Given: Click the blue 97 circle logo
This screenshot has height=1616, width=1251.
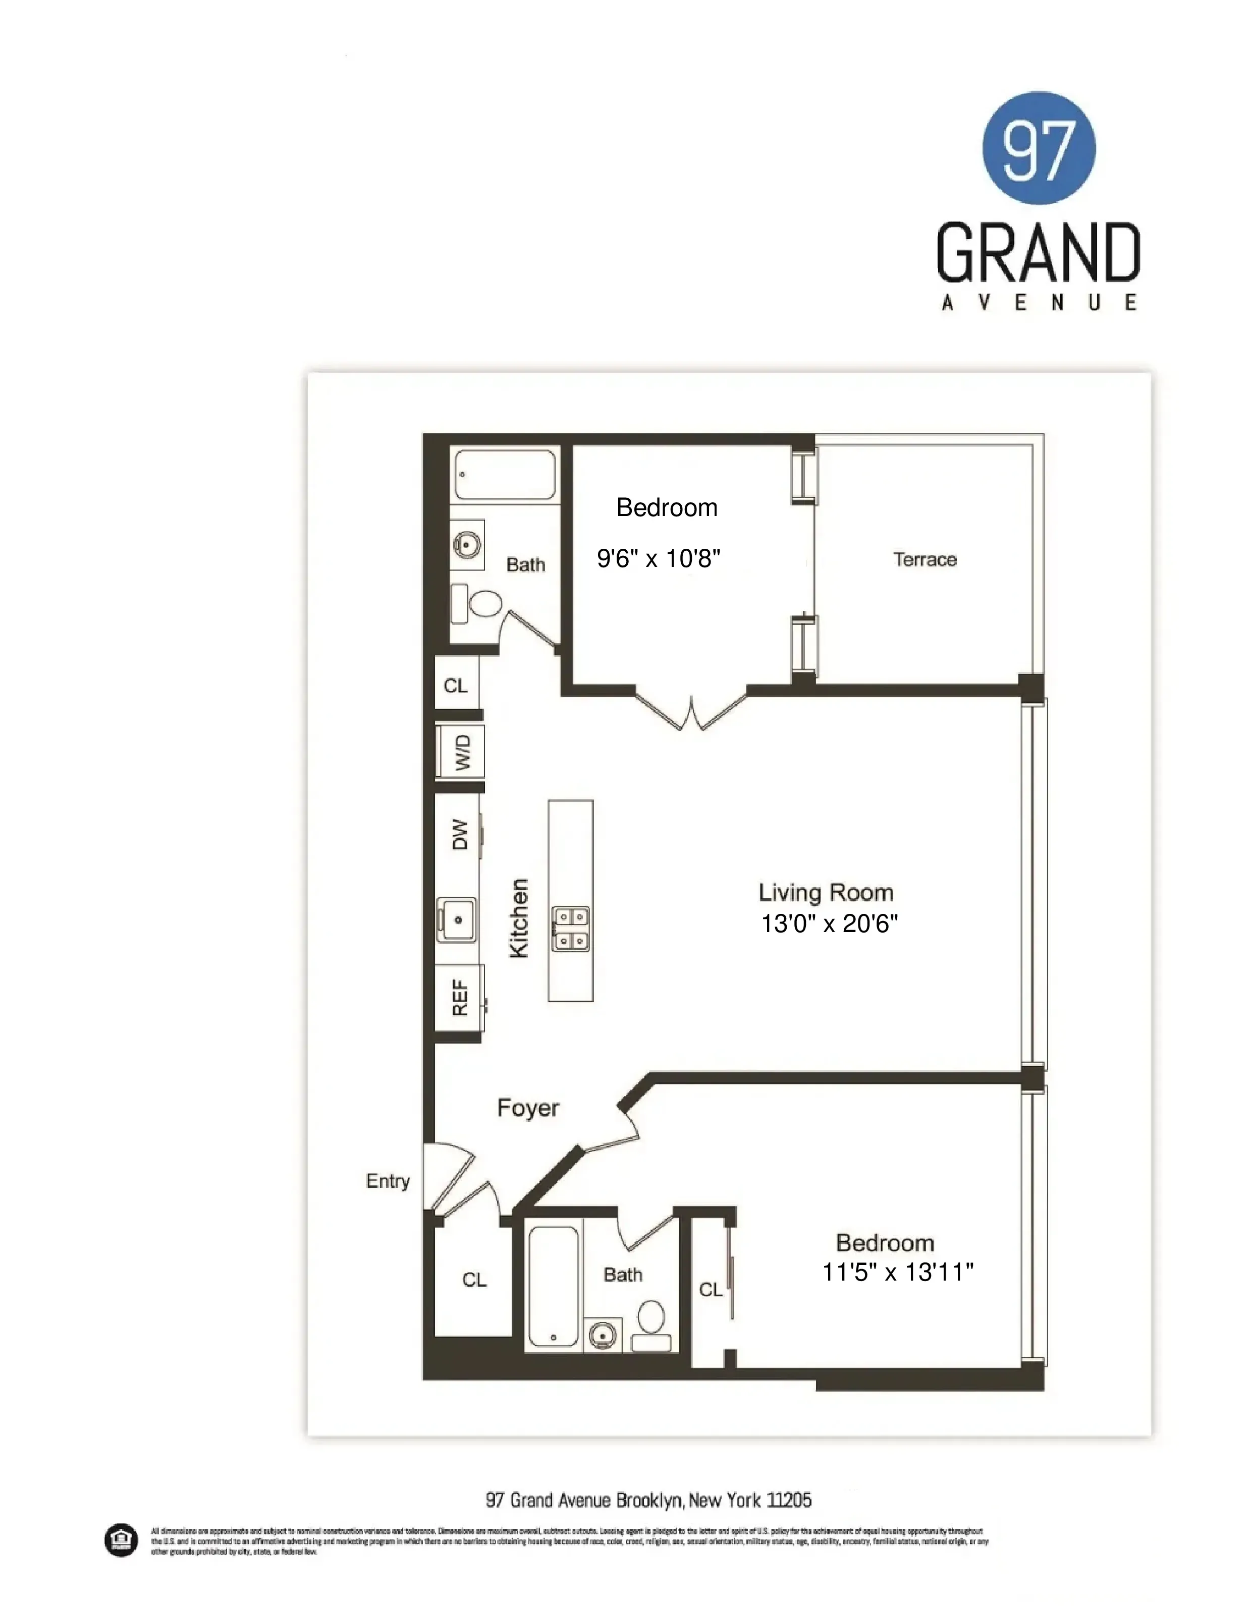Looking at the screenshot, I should click(x=1039, y=148).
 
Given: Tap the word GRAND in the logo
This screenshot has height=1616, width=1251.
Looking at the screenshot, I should click(x=1038, y=253).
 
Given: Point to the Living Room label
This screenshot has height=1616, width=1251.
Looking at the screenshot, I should click(x=826, y=892).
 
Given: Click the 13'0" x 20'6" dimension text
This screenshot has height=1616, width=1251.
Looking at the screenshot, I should click(x=830, y=924).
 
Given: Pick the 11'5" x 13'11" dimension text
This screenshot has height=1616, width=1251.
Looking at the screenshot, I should click(x=898, y=1272).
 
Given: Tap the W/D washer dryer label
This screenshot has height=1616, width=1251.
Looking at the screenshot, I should click(x=462, y=753).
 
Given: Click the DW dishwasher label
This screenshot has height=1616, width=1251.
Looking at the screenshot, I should click(x=460, y=835).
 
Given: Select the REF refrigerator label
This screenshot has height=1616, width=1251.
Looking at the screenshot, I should click(x=460, y=998).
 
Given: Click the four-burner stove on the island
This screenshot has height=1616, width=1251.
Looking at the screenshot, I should click(x=571, y=929).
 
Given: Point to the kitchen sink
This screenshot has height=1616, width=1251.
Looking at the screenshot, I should click(x=456, y=920).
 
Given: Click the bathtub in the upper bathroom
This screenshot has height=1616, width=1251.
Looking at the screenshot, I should click(x=505, y=474).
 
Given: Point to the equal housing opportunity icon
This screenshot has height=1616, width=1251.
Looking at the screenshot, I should click(x=120, y=1540).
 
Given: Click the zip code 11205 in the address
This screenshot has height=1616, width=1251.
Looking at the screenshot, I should click(x=789, y=1500).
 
